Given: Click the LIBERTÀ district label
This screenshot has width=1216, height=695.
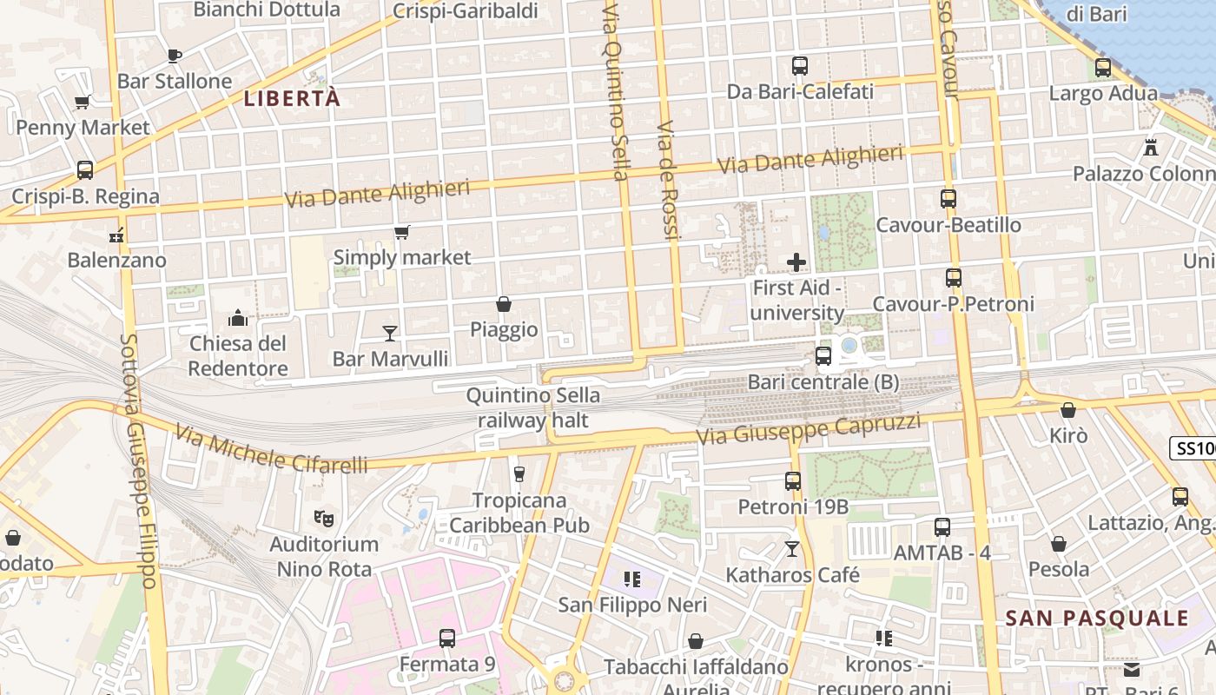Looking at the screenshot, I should pyautogui.click(x=292, y=99).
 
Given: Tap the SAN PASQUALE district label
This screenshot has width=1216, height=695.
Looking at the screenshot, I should pyautogui.click(x=1097, y=619).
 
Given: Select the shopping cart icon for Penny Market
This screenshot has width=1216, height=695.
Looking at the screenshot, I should pyautogui.click(x=83, y=103).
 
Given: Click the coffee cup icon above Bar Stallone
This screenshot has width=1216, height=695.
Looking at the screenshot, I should pyautogui.click(x=175, y=56).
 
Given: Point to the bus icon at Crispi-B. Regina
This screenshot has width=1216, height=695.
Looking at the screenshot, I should pyautogui.click(x=85, y=170).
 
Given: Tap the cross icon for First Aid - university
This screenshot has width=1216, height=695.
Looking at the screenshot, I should pyautogui.click(x=796, y=261).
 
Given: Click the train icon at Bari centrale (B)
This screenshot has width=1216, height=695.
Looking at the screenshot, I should pyautogui.click(x=823, y=356).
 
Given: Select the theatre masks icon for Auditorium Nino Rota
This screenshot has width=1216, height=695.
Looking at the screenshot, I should pyautogui.click(x=324, y=519).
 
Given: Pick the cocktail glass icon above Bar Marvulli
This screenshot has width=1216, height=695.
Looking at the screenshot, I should pyautogui.click(x=390, y=333).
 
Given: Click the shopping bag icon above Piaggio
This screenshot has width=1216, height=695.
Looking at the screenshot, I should pyautogui.click(x=503, y=304).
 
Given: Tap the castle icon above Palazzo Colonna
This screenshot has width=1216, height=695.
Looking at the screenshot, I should pyautogui.click(x=1151, y=148).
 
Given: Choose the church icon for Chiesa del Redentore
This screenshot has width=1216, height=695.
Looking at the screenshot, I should pyautogui.click(x=238, y=318).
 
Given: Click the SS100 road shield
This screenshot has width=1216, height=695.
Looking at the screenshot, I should pyautogui.click(x=1195, y=448).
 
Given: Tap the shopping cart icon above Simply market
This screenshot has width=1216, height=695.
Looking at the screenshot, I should pyautogui.click(x=401, y=232).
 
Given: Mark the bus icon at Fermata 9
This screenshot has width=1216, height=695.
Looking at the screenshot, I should pyautogui.click(x=446, y=639).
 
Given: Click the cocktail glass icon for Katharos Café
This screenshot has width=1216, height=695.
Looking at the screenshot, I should pyautogui.click(x=791, y=548).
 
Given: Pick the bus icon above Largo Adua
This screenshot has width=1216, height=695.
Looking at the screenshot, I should pyautogui.click(x=1103, y=67).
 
